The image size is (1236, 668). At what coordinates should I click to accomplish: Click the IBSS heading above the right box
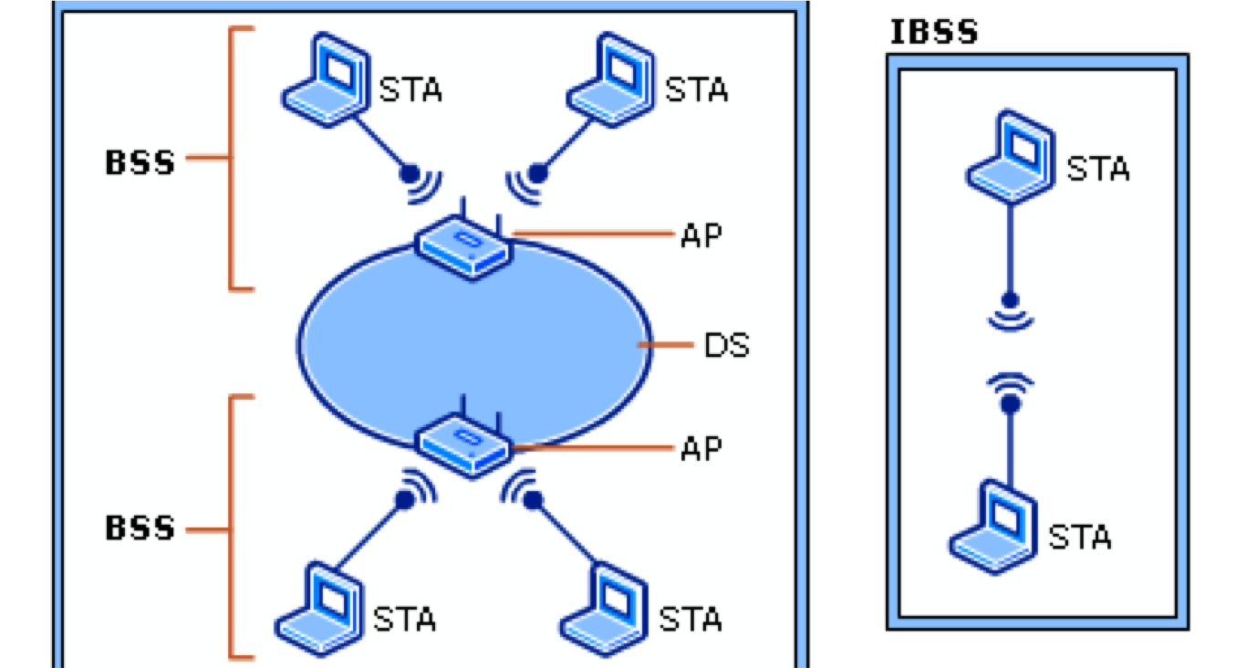pyautogui.click(x=933, y=33)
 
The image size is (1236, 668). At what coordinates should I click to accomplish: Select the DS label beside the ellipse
pyautogui.click(x=726, y=346)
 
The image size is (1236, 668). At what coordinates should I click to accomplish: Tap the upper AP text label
pyautogui.click(x=701, y=235)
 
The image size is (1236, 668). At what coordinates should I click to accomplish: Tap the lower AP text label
pyautogui.click(x=701, y=448)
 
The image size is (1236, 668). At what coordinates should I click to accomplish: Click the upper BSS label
pyautogui.click(x=140, y=163)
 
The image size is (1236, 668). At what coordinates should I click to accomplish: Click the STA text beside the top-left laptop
pyautogui.click(x=410, y=90)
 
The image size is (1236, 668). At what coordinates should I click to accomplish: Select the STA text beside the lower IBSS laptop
pyautogui.click(x=1080, y=538)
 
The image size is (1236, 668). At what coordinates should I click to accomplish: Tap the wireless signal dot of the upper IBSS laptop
pyautogui.click(x=1009, y=299)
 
